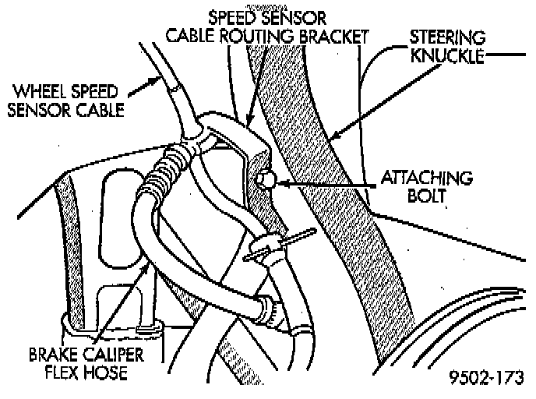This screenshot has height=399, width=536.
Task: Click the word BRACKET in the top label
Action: point(333,36)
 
